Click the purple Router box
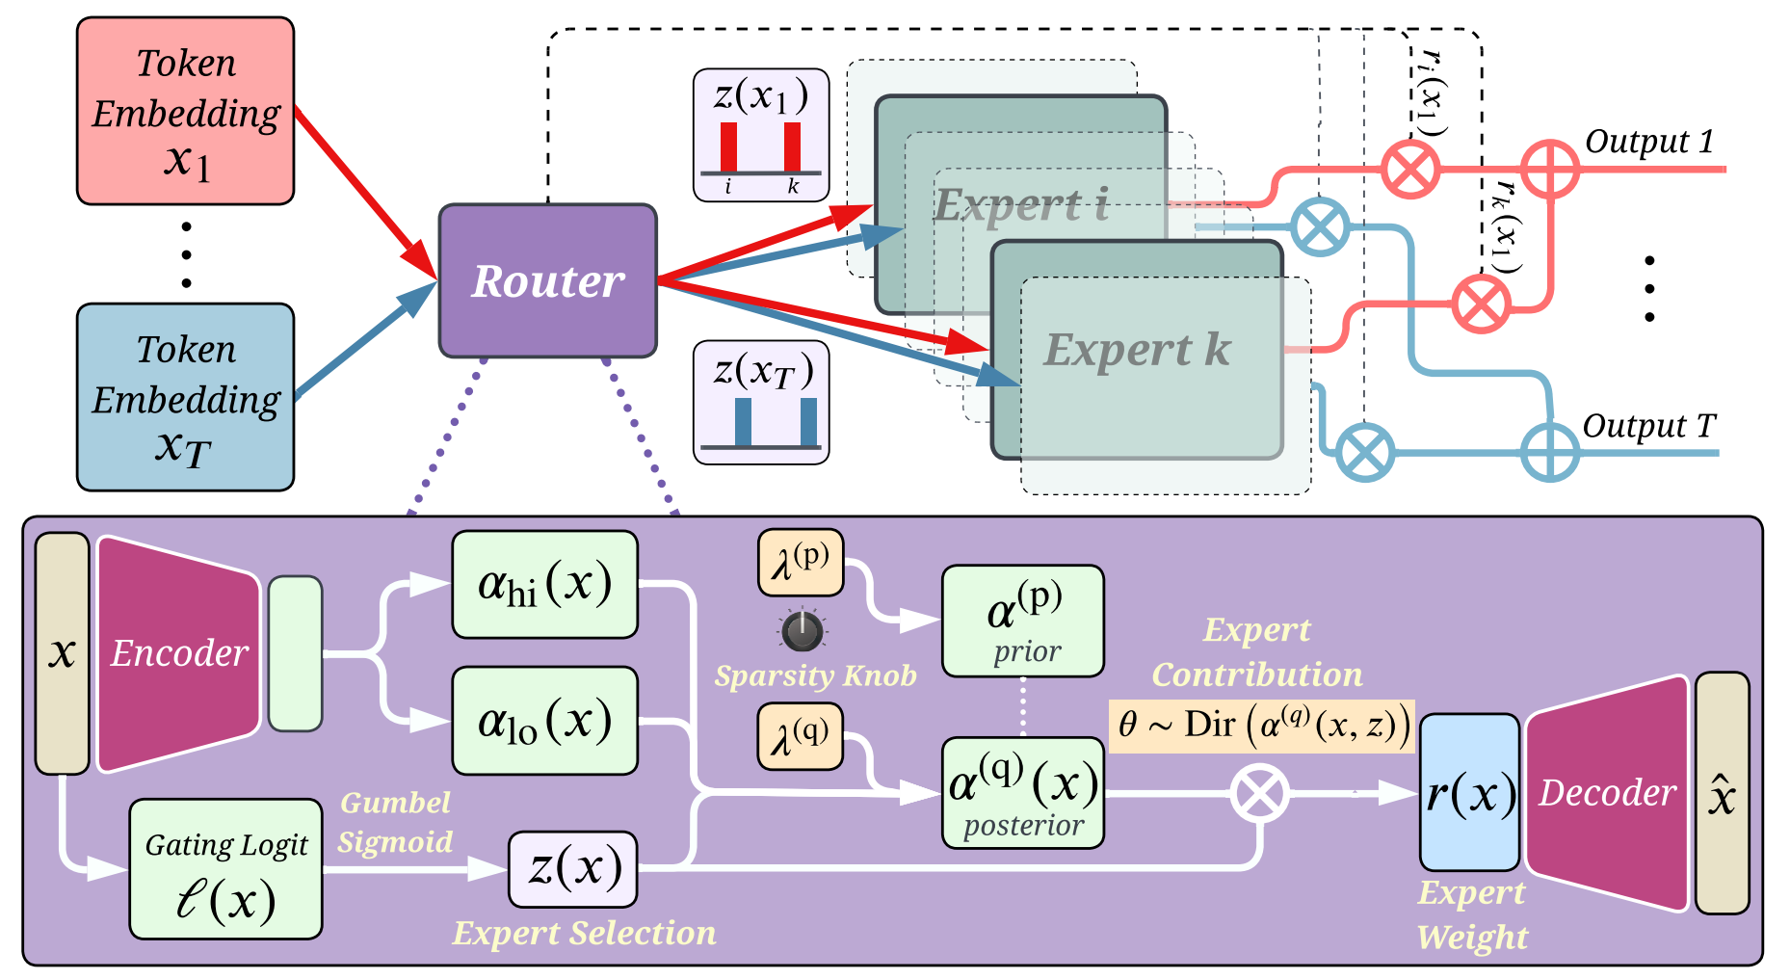[x=547, y=280]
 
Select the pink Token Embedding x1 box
[x=185, y=111]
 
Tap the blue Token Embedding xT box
[x=185, y=397]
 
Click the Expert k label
[x=1137, y=350]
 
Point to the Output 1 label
[x=1649, y=142]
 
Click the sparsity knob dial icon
[x=802, y=631]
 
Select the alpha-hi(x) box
[x=545, y=584]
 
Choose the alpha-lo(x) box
[x=545, y=721]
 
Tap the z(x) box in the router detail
[x=573, y=869]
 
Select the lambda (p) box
[x=801, y=563]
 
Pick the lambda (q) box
[x=801, y=736]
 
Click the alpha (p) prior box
[x=1023, y=621]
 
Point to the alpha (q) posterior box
[x=1023, y=793]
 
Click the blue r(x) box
[x=1469, y=792]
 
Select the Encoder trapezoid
[x=178, y=653]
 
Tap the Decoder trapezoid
[x=1606, y=792]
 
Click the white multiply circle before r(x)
[x=1259, y=793]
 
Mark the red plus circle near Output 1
[x=1549, y=170]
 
